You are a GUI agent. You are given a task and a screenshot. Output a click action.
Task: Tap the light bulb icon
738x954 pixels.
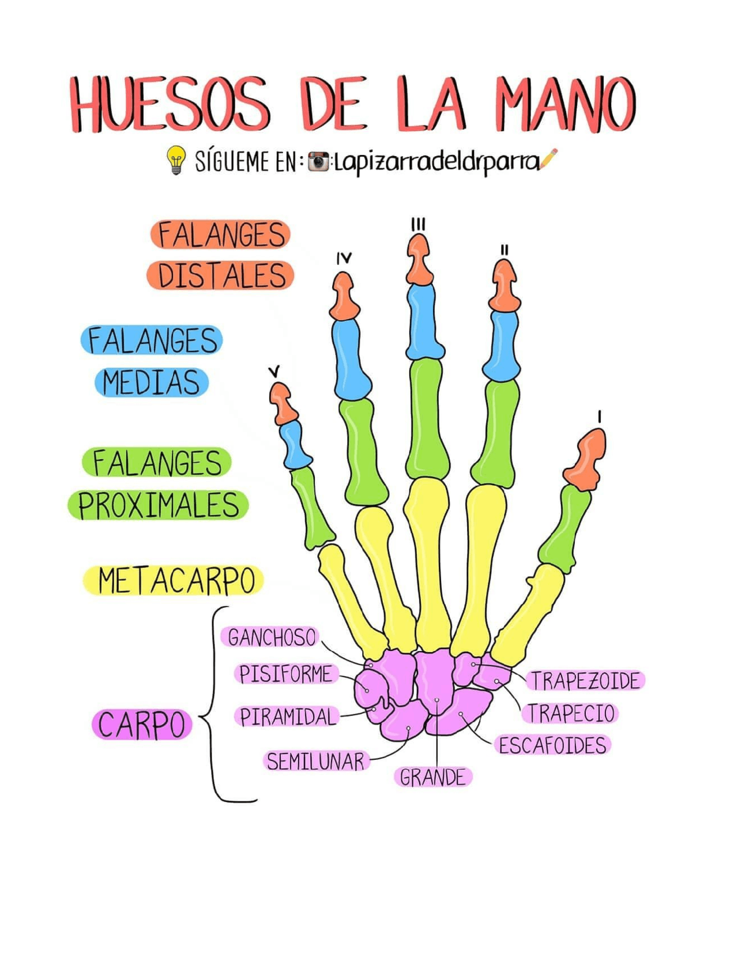pyautogui.click(x=176, y=160)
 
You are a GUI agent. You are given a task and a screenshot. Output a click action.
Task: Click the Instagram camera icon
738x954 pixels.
pyautogui.click(x=318, y=162)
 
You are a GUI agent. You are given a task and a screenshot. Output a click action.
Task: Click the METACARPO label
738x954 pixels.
pyautogui.click(x=175, y=580)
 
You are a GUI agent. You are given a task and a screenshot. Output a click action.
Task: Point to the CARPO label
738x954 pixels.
pyautogui.click(x=142, y=724)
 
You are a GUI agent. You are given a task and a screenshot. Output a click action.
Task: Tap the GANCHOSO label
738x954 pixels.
pyautogui.click(x=272, y=637)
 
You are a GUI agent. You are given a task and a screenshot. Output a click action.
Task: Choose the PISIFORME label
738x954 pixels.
pyautogui.click(x=286, y=673)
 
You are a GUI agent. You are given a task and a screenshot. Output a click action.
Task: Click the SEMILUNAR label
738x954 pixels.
pyautogui.click(x=315, y=762)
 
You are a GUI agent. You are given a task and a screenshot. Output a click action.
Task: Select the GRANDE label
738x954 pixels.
pyautogui.click(x=433, y=777)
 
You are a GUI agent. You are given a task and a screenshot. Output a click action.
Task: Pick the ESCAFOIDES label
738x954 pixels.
pyautogui.click(x=552, y=745)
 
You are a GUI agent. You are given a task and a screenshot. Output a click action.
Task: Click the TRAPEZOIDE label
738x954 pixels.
pyautogui.click(x=585, y=680)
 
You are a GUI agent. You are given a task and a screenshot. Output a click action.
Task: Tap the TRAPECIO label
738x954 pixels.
pyautogui.click(x=571, y=713)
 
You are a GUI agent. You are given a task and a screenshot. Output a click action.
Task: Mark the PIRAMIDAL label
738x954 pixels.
pyautogui.click(x=287, y=717)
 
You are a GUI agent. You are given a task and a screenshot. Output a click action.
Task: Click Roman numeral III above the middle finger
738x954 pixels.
pyautogui.click(x=419, y=224)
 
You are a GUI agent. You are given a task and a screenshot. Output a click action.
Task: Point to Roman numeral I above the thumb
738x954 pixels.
pyautogui.click(x=600, y=417)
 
